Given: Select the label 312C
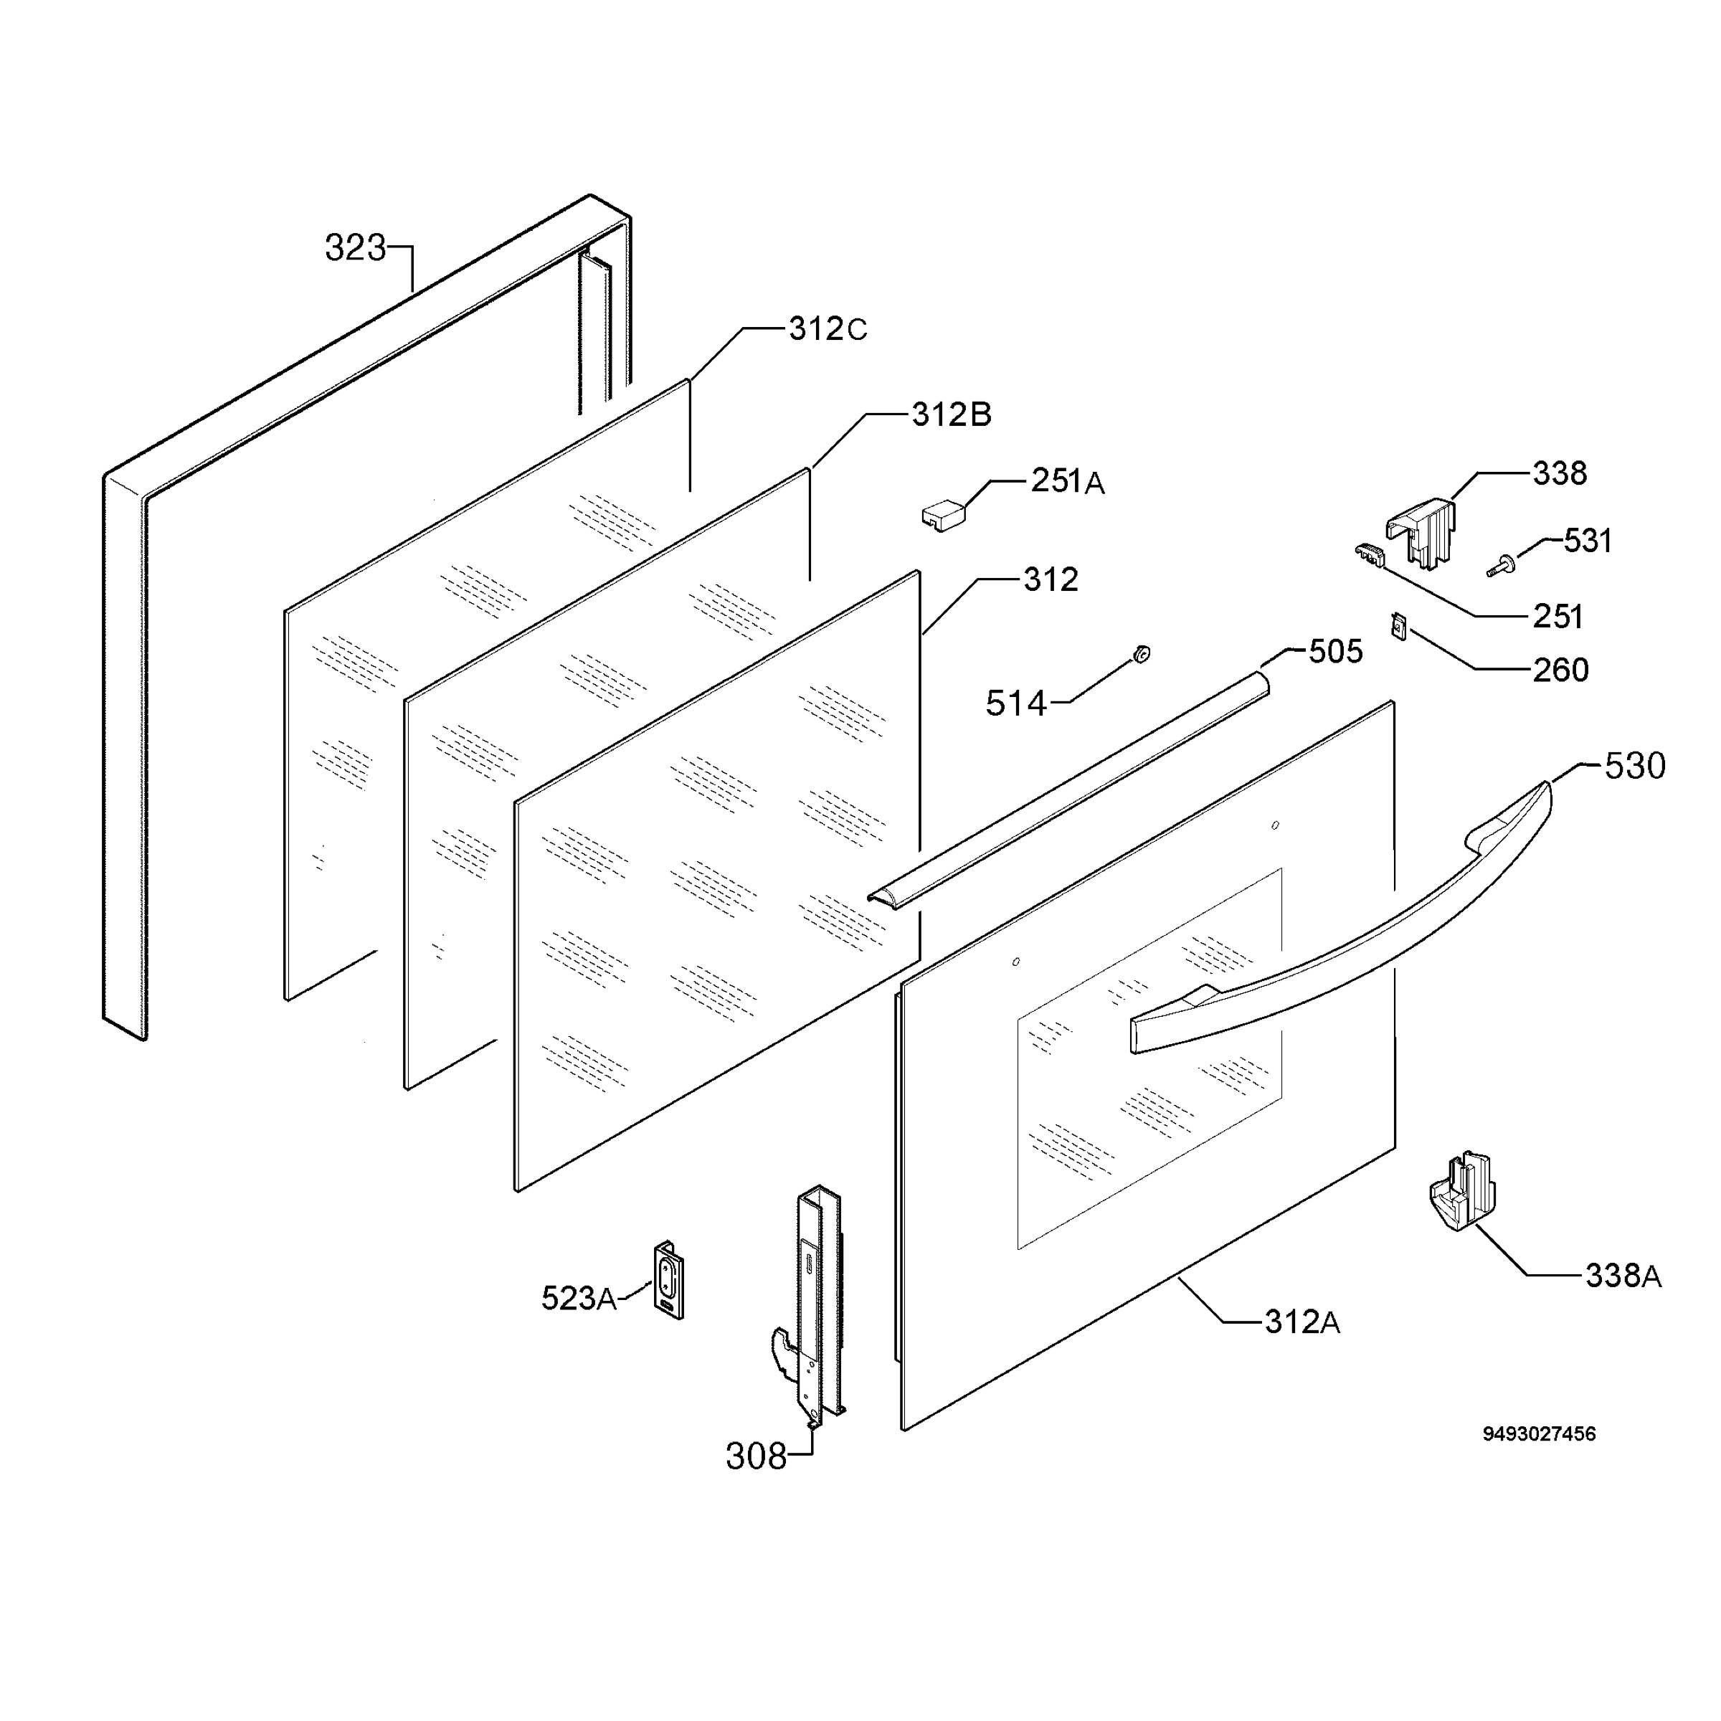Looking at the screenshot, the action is tap(828, 330).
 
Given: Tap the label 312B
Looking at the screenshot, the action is tap(952, 414).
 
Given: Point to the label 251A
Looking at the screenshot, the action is tap(1068, 481).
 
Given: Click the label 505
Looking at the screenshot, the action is tap(1335, 652).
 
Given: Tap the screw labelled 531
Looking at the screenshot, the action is tap(1502, 566).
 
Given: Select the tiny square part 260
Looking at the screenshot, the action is tap(1397, 626).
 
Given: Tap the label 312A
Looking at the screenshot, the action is tap(1302, 1322).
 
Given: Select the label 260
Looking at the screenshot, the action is tap(1560, 670).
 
